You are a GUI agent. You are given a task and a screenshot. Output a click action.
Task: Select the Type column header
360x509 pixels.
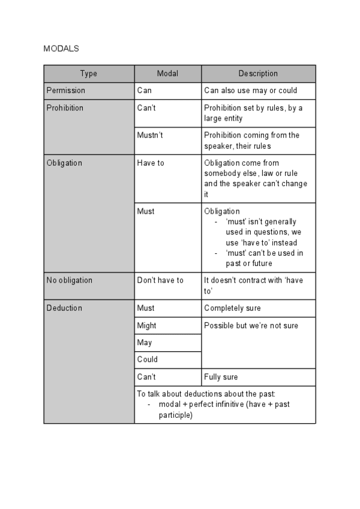click(88, 74)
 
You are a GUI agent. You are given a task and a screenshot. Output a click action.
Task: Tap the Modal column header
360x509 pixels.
click(167, 74)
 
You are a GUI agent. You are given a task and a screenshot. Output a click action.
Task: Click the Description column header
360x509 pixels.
click(258, 74)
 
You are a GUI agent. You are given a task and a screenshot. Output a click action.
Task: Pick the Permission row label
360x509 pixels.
click(65, 91)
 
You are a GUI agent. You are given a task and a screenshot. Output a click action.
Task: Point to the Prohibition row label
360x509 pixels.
click(65, 108)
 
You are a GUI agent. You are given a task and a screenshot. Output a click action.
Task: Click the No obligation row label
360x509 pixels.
click(69, 280)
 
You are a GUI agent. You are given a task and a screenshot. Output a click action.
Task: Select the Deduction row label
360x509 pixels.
click(64, 308)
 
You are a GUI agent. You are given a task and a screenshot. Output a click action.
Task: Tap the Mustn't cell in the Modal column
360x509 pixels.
click(150, 135)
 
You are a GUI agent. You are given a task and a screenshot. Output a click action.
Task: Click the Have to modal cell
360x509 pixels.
click(150, 163)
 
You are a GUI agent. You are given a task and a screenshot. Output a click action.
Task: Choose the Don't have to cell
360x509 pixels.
click(160, 280)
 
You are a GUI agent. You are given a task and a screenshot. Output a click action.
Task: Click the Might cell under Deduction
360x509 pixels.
click(146, 325)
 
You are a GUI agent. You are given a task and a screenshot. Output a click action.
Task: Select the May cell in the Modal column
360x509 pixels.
click(145, 343)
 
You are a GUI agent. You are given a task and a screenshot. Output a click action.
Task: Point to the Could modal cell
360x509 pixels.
click(147, 360)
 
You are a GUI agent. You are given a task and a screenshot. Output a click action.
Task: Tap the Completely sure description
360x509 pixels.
click(232, 308)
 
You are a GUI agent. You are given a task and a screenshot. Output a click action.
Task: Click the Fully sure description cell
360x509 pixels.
click(221, 377)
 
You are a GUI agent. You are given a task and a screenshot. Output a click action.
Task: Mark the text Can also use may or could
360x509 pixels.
click(250, 91)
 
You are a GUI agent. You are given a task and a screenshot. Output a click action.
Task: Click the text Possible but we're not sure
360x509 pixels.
click(251, 325)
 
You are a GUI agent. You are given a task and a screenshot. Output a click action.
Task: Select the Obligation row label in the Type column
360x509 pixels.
click(64, 163)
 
